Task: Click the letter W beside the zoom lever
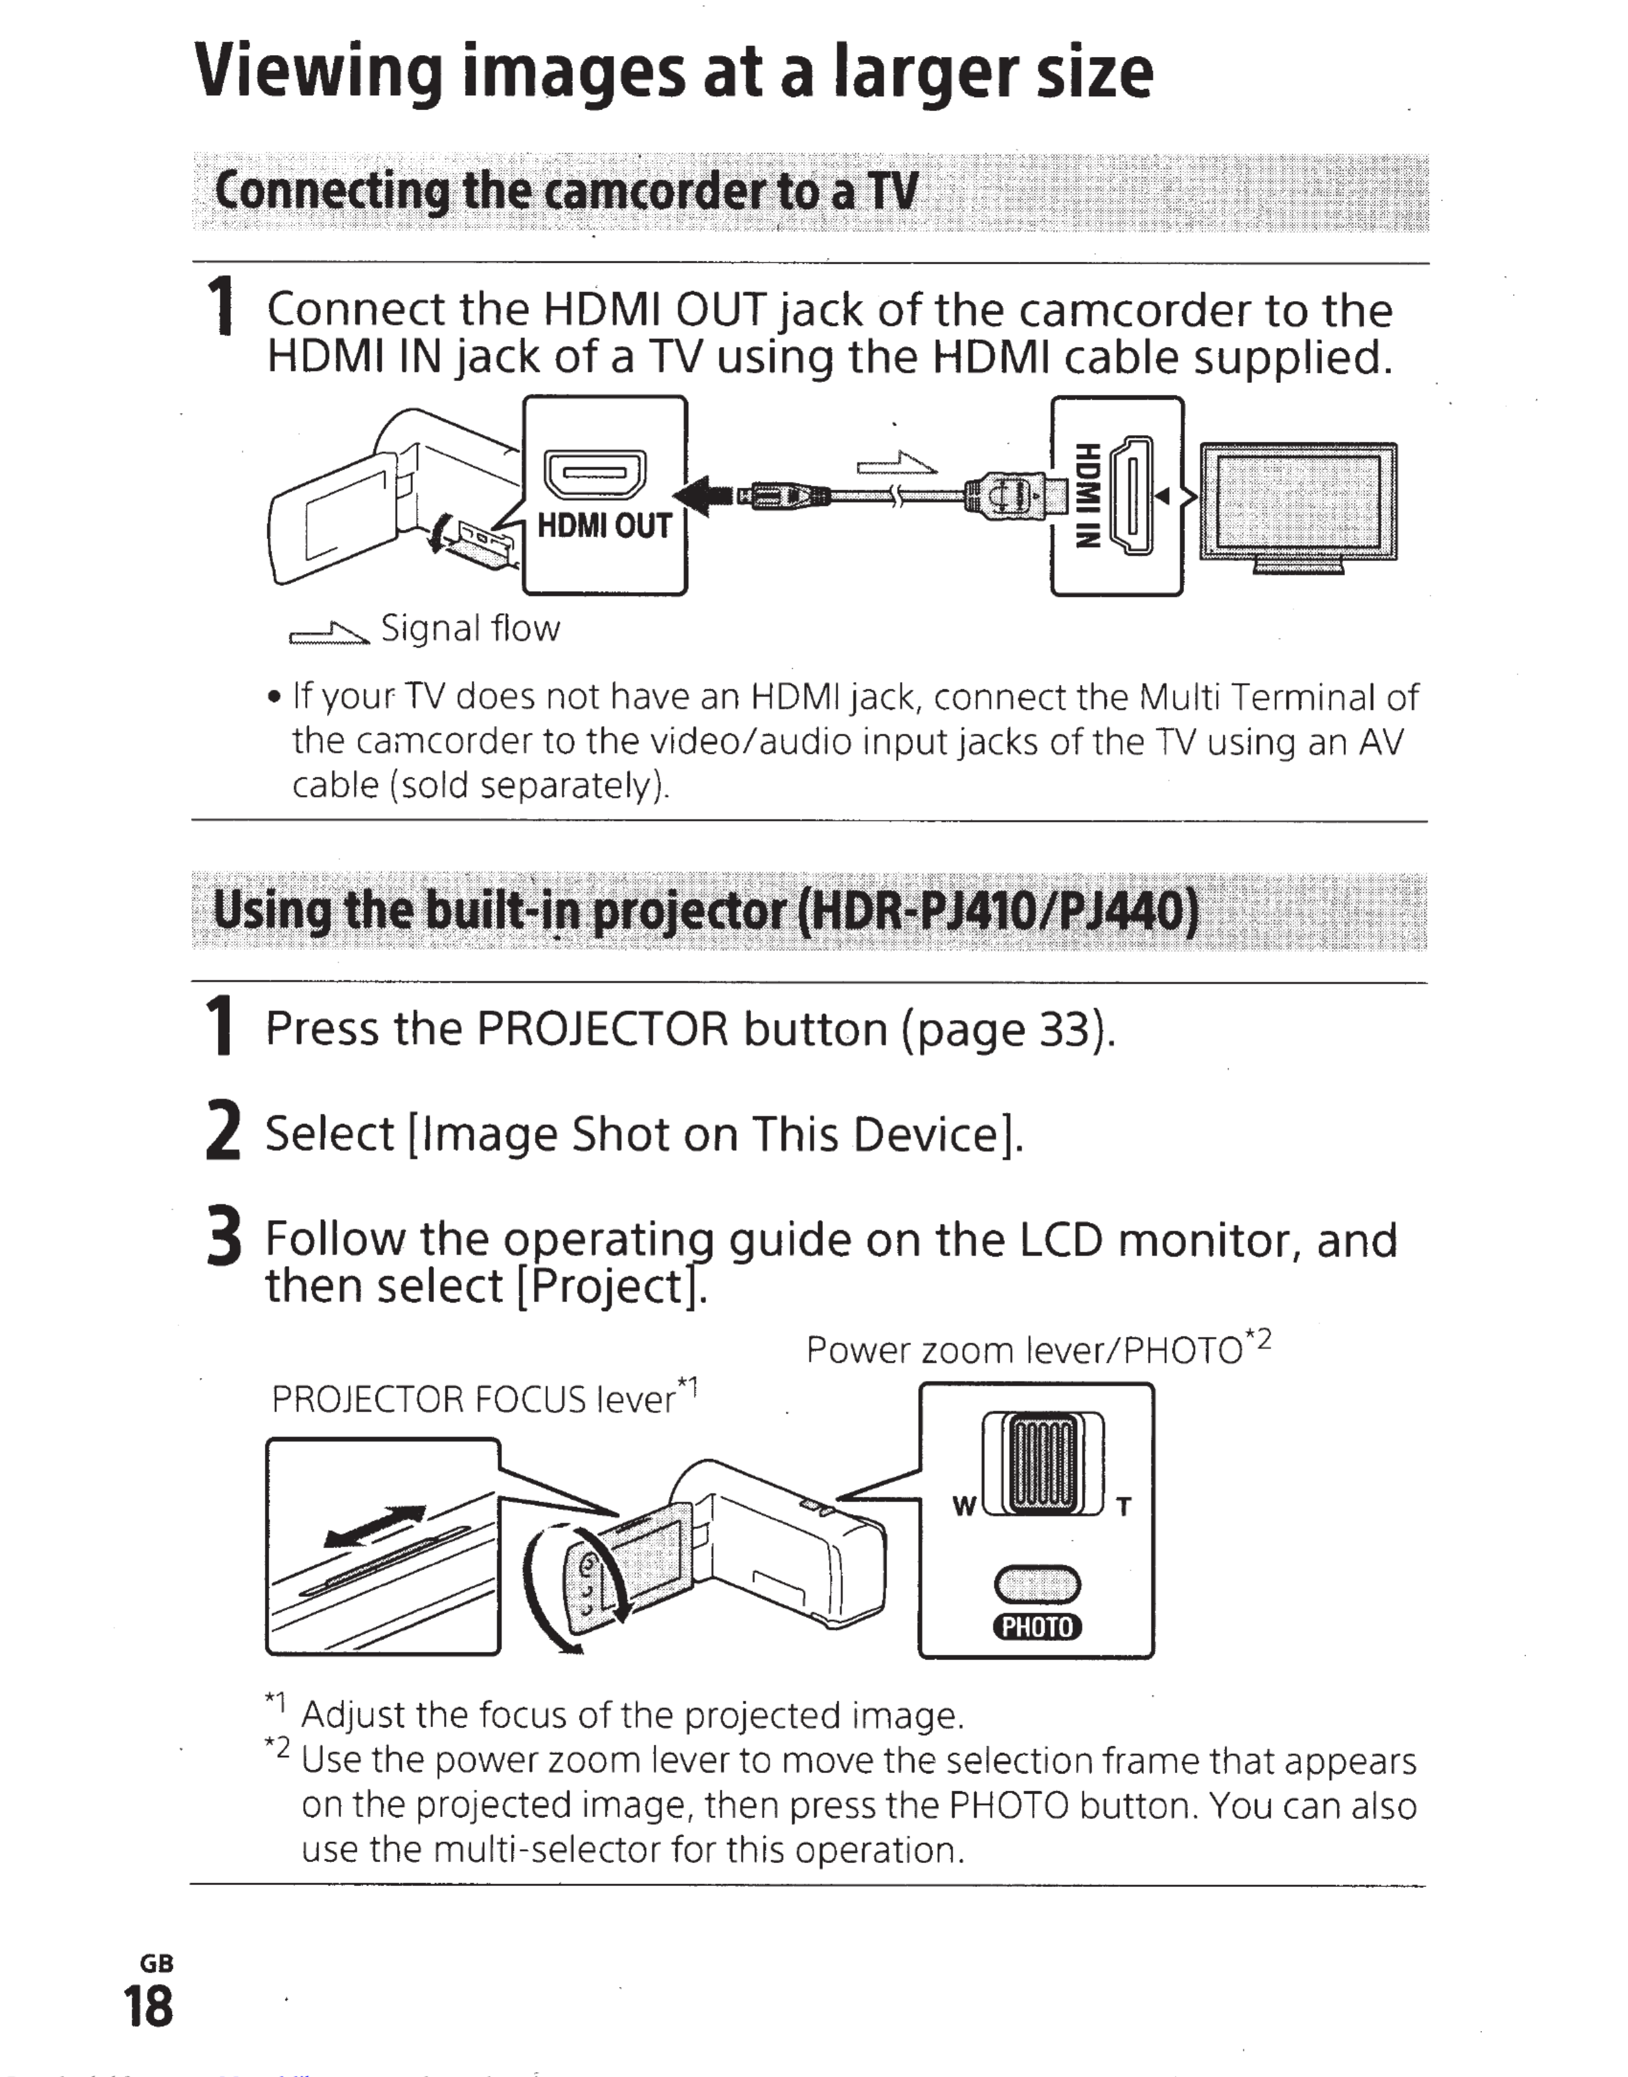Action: coord(965,1506)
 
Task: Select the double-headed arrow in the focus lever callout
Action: coord(373,1525)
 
